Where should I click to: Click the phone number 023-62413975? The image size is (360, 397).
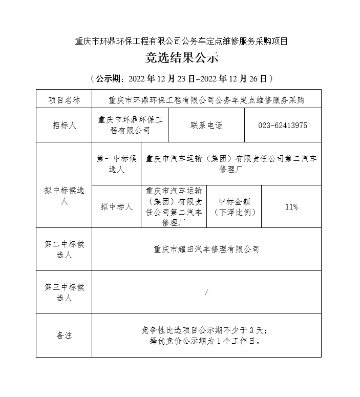tap(283, 126)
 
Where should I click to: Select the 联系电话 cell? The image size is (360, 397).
tap(206, 126)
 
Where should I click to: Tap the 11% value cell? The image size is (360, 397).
tap(291, 206)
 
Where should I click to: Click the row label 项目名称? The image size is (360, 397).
tap(64, 100)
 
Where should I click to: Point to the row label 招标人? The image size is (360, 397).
tap(64, 126)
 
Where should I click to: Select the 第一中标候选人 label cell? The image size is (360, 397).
tap(117, 164)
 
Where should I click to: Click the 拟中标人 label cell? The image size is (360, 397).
tap(117, 206)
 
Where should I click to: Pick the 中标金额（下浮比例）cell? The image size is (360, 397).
tap(234, 206)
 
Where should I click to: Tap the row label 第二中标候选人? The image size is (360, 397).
tap(64, 249)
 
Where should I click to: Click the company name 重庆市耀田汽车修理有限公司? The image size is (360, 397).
tap(206, 249)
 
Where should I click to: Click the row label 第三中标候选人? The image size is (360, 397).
tap(64, 292)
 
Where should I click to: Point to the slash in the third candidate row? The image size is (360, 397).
tap(206, 292)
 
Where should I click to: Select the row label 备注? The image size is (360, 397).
tap(64, 336)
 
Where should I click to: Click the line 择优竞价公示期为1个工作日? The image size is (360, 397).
tap(206, 341)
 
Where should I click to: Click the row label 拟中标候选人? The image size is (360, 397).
tap(64, 196)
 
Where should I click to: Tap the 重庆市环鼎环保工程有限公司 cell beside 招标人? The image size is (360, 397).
tap(130, 126)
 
